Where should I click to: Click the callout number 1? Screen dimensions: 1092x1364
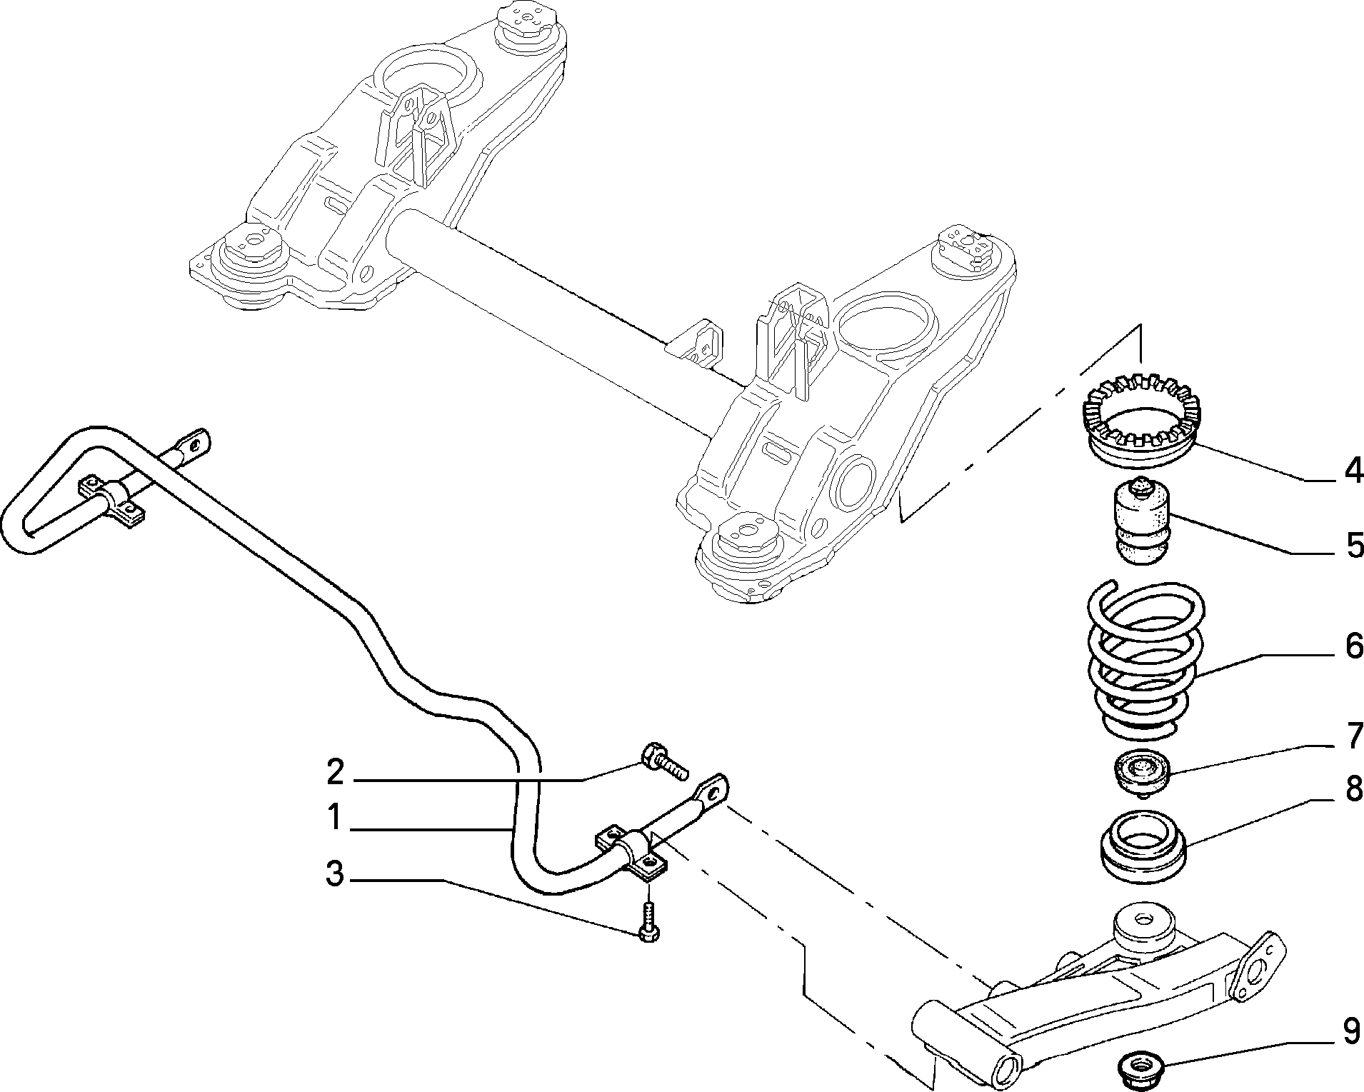334,818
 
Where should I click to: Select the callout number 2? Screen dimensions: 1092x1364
335,773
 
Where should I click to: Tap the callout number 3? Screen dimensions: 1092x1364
335,874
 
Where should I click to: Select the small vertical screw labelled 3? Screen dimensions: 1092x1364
648,921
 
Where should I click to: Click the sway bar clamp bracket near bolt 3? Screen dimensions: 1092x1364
633,853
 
